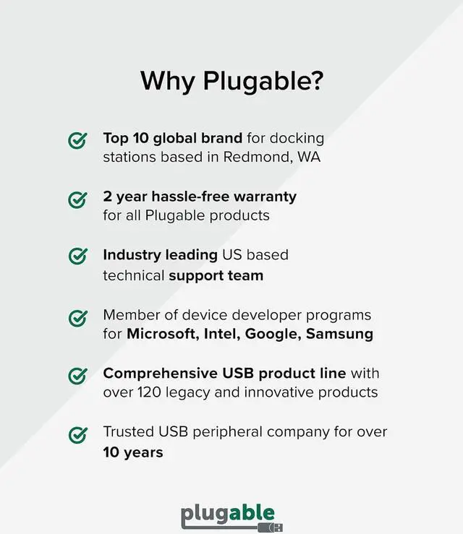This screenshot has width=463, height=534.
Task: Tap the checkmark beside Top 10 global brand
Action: tap(77, 140)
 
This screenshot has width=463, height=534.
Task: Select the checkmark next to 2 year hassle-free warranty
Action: tap(77, 199)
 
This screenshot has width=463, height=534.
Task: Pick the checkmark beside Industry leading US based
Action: tap(77, 258)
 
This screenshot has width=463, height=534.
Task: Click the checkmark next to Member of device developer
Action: tap(77, 317)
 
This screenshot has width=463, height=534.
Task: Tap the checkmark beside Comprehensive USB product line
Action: tap(77, 376)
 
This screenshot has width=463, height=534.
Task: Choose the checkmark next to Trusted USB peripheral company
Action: tap(77, 435)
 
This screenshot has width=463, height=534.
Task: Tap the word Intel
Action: tap(222, 334)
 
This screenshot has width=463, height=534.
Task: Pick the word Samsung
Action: tap(339, 334)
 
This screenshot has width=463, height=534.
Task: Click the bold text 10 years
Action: tap(133, 452)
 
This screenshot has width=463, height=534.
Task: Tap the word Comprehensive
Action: tap(160, 374)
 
